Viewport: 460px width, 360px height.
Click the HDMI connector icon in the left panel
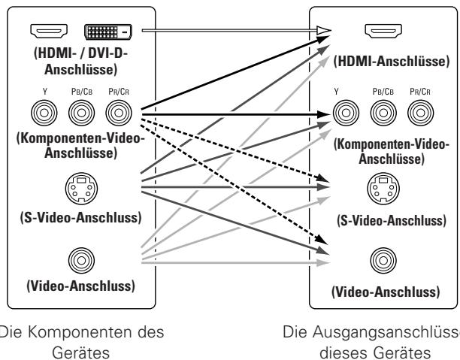point(47,31)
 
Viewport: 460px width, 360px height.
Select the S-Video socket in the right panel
point(382,187)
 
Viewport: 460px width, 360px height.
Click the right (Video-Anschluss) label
point(382,292)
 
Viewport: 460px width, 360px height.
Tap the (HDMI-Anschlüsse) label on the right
point(382,61)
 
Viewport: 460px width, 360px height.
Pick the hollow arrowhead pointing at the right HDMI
point(323,30)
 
